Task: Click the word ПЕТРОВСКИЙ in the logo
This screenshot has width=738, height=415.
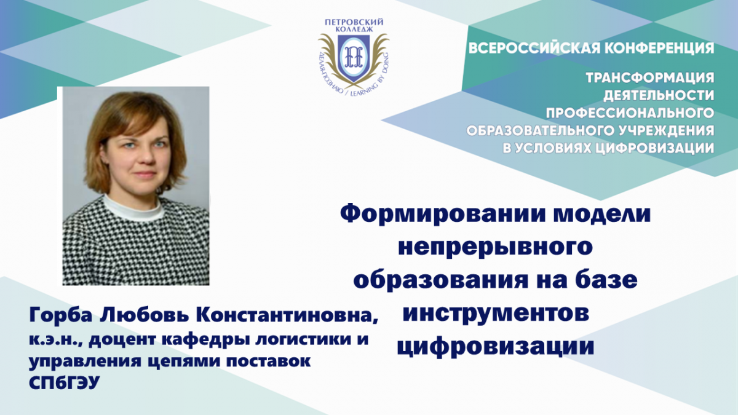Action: pos(354,22)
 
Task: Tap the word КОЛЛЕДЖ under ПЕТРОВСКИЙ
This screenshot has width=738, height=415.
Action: pos(354,30)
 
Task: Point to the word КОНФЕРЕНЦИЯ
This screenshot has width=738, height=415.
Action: pos(657,48)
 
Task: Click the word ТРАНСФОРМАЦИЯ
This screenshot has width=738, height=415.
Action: pos(650,79)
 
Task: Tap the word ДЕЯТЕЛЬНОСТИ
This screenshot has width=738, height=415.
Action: pos(659,95)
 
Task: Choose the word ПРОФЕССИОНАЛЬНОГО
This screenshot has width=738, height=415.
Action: pos(630,113)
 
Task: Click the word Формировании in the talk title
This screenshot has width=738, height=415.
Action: pos(413,215)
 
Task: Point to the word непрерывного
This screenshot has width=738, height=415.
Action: pos(496,248)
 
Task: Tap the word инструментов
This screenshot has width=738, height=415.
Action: pos(496,314)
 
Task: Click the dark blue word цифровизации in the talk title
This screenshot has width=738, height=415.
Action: pos(496,347)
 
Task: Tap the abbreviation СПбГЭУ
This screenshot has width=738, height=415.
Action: pos(64,382)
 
